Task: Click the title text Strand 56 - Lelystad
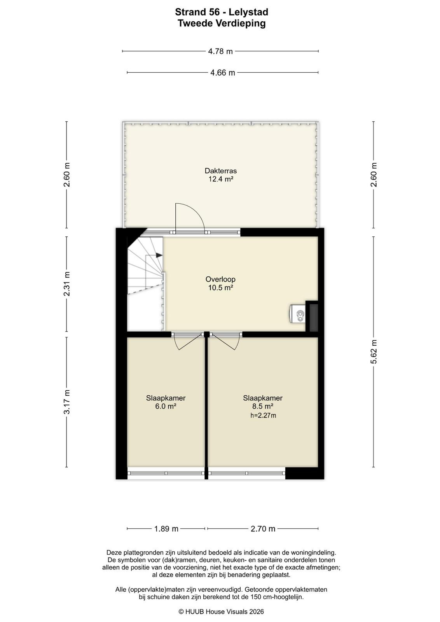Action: point(222,12)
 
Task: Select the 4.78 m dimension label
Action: point(220,51)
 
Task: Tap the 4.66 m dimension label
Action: point(222,73)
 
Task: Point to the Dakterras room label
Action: point(221,171)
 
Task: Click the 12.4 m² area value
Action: point(221,179)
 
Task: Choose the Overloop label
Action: point(220,279)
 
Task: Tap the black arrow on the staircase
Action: point(159,255)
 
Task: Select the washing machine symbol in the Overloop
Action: point(298,314)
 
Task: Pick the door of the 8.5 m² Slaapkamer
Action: point(225,342)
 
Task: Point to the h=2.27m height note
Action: point(263,416)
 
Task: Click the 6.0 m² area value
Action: point(166,407)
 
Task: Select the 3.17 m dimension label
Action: point(66,402)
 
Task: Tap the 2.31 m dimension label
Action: point(66,284)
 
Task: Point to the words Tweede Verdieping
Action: point(222,23)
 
